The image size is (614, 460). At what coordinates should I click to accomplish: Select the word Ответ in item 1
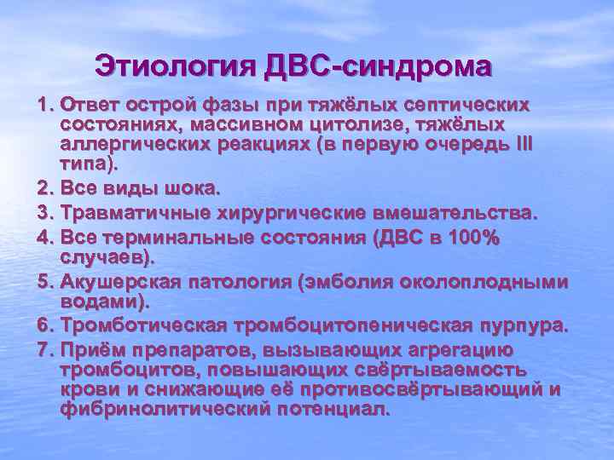tap(87, 106)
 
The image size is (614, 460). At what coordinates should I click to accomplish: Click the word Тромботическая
tap(140, 326)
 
